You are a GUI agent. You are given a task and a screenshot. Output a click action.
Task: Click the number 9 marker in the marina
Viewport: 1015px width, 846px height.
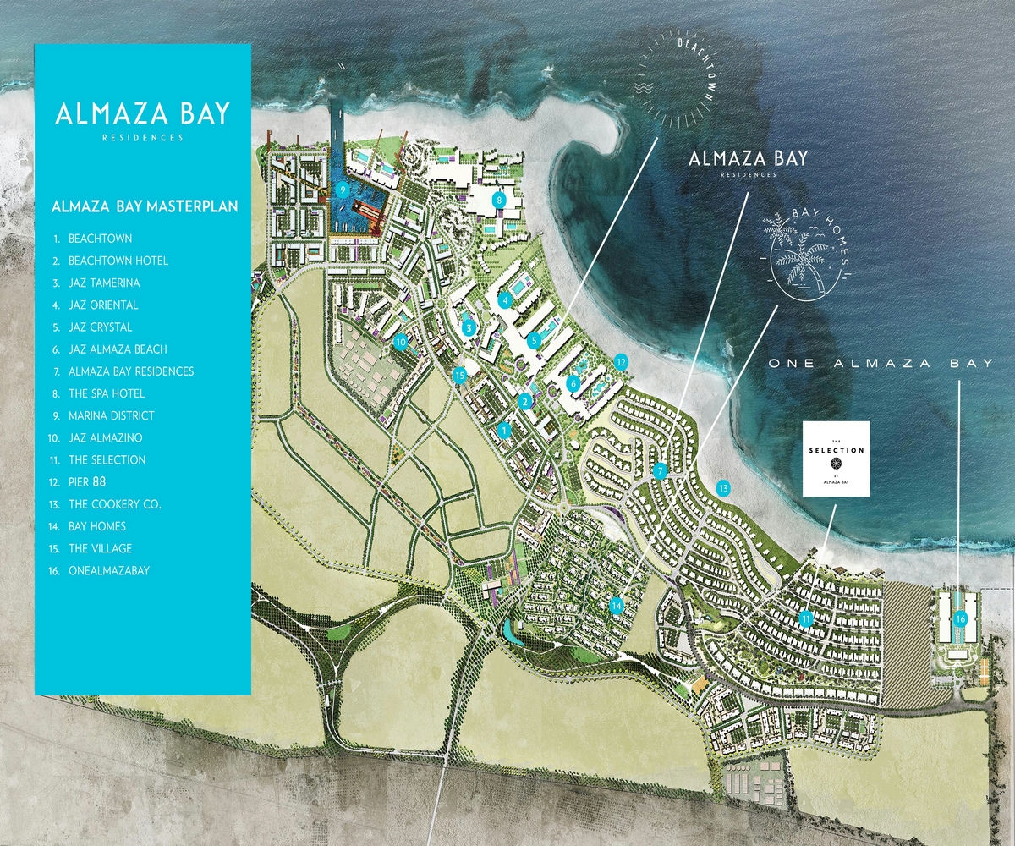click(x=343, y=190)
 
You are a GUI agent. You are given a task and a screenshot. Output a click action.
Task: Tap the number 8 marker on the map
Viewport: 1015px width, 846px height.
click(x=499, y=201)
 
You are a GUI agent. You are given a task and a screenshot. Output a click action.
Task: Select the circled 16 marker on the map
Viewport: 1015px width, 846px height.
click(x=960, y=618)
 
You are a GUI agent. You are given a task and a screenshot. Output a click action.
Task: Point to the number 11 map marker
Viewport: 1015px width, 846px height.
click(x=808, y=618)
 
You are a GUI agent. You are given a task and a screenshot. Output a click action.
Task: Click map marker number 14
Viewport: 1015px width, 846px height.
click(x=617, y=605)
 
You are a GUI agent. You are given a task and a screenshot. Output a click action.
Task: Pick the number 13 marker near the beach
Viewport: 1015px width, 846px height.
click(x=722, y=487)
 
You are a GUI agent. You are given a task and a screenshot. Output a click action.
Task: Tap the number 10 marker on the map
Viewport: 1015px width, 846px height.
click(x=401, y=342)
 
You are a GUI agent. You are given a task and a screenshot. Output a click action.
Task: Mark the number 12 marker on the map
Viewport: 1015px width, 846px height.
click(x=621, y=362)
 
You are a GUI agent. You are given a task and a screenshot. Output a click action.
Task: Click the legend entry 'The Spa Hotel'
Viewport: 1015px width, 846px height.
click(x=106, y=393)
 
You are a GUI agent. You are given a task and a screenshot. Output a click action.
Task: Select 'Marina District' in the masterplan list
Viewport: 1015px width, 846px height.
click(x=111, y=415)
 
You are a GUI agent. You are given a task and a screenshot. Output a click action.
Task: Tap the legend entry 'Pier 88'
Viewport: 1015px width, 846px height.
click(x=95, y=482)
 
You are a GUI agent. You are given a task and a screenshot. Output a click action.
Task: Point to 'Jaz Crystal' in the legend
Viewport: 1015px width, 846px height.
click(x=100, y=327)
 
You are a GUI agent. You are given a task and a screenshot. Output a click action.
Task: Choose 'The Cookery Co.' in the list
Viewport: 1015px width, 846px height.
click(x=114, y=504)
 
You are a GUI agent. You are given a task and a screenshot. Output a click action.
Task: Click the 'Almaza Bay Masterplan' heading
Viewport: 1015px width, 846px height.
click(x=145, y=206)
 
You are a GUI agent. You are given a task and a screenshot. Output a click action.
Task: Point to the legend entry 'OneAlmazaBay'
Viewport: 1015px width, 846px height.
click(x=108, y=570)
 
